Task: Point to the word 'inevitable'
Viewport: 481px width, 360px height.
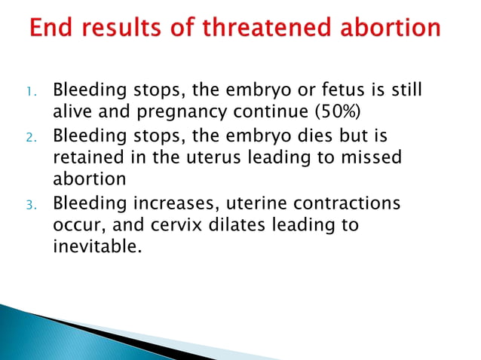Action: (94, 246)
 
